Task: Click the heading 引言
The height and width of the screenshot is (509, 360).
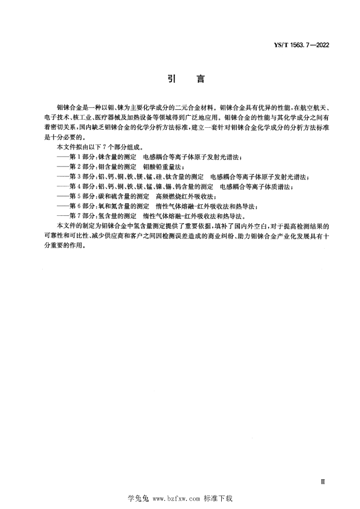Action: point(180,79)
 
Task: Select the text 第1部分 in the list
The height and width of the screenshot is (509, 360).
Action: point(82,158)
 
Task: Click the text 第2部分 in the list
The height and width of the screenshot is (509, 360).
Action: point(82,167)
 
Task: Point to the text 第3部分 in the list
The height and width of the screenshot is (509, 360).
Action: point(82,177)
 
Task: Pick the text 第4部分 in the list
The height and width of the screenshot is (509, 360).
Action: point(82,187)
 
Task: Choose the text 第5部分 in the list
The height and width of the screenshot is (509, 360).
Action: point(82,197)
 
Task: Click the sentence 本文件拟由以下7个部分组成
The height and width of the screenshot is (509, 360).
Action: point(100,148)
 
